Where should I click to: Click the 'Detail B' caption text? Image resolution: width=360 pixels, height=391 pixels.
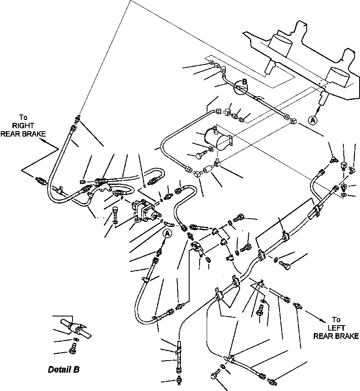(x=63, y=369)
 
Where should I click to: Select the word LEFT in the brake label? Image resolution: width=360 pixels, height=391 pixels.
(x=336, y=328)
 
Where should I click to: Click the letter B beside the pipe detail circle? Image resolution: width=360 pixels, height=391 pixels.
(x=244, y=82)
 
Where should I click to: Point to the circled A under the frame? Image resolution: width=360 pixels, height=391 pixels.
(x=312, y=120)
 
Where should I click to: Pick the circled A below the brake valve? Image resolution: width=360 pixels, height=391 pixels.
(x=167, y=234)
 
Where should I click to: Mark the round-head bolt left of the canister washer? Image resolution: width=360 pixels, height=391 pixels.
(x=199, y=156)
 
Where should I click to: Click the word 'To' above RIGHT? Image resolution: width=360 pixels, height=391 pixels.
(x=23, y=117)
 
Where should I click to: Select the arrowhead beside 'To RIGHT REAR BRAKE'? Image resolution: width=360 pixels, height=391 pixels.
(x=57, y=147)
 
